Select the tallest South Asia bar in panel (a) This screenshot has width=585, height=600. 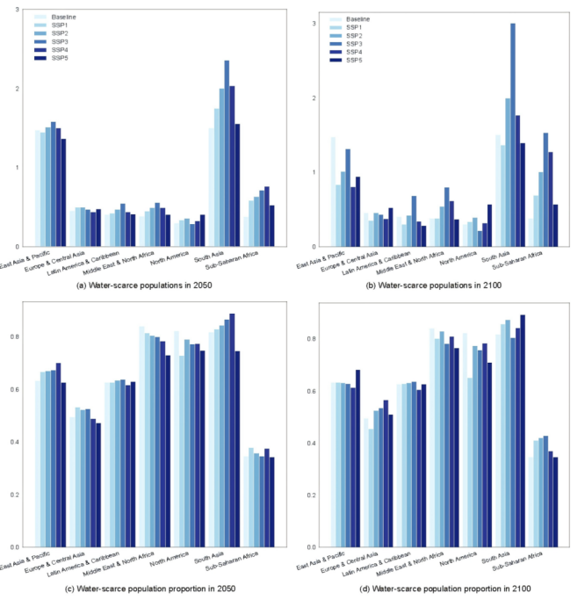(x=227, y=154)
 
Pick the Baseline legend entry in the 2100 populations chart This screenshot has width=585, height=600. (x=359, y=18)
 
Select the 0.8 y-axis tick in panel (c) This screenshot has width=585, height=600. (x=18, y=336)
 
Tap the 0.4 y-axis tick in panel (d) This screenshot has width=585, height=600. (x=312, y=443)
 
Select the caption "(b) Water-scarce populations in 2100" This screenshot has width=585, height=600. (x=439, y=286)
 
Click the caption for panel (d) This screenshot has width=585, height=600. (x=439, y=587)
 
